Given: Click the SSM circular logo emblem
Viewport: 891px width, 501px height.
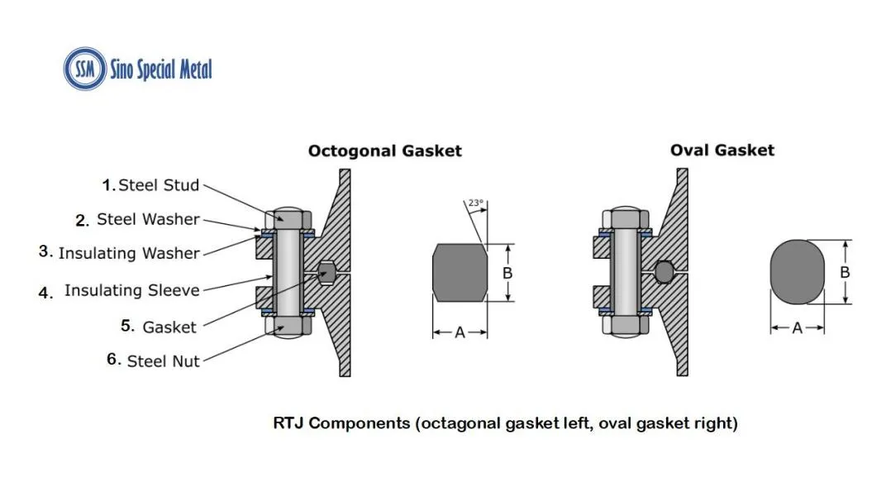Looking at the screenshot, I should coord(85,69).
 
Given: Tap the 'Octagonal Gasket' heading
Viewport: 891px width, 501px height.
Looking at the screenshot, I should coord(384,150).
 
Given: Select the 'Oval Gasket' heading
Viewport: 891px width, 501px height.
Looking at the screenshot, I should coord(722,150).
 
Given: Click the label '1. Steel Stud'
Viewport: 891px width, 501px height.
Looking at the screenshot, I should coord(150,185).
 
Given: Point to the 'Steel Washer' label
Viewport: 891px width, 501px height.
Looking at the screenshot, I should coord(147,219).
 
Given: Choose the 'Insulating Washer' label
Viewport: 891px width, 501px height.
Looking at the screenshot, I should coord(128,253).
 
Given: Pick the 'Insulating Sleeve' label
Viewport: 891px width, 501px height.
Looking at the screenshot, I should coord(131,290).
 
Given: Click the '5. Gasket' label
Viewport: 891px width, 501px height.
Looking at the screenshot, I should coord(159,327).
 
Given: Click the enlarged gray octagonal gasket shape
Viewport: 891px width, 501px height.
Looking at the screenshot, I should coord(460,273).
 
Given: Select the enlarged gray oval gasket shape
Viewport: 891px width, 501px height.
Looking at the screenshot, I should coord(798,273).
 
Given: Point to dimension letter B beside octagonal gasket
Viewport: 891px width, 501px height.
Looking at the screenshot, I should coord(507,273).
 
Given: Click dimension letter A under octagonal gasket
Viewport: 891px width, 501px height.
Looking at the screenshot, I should coord(460,332).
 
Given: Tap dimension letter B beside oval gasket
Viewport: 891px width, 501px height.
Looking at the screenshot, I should coord(845,272).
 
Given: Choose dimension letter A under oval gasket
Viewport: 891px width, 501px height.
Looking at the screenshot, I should coord(798,328).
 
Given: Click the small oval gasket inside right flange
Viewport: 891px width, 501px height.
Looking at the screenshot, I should coord(664,271).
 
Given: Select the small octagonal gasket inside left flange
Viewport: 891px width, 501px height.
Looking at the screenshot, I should coord(326,271).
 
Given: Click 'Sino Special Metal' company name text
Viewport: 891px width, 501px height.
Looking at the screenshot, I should coord(161,69).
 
